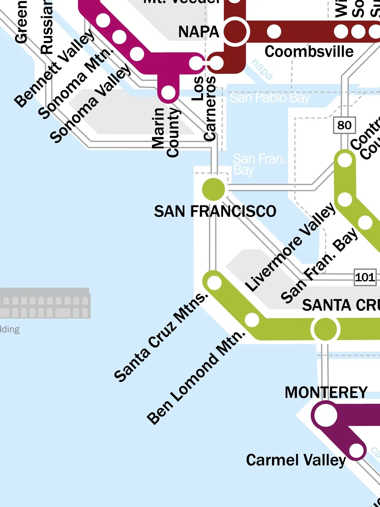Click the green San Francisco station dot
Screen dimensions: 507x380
(x=213, y=189)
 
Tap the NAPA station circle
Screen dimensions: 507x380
(x=235, y=32)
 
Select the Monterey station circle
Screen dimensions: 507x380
(x=325, y=415)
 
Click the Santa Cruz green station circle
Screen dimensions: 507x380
(x=325, y=329)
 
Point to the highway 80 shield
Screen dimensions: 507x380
(x=344, y=125)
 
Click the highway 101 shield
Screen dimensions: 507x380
(x=365, y=277)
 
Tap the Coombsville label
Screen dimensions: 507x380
(x=309, y=52)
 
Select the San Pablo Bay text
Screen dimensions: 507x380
(x=270, y=98)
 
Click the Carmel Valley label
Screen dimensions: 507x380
(x=296, y=460)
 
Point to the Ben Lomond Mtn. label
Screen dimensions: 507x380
(x=196, y=377)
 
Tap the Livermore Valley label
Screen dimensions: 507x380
(x=290, y=247)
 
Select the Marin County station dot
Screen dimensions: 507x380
(x=168, y=93)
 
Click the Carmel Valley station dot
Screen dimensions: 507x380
(x=356, y=450)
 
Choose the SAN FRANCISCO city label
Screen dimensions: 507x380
(x=215, y=211)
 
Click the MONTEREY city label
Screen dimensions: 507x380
(x=326, y=393)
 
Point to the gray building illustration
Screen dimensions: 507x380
(x=44, y=303)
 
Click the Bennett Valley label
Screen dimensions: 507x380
(x=55, y=68)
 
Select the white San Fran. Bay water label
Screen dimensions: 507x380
(x=259, y=164)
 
